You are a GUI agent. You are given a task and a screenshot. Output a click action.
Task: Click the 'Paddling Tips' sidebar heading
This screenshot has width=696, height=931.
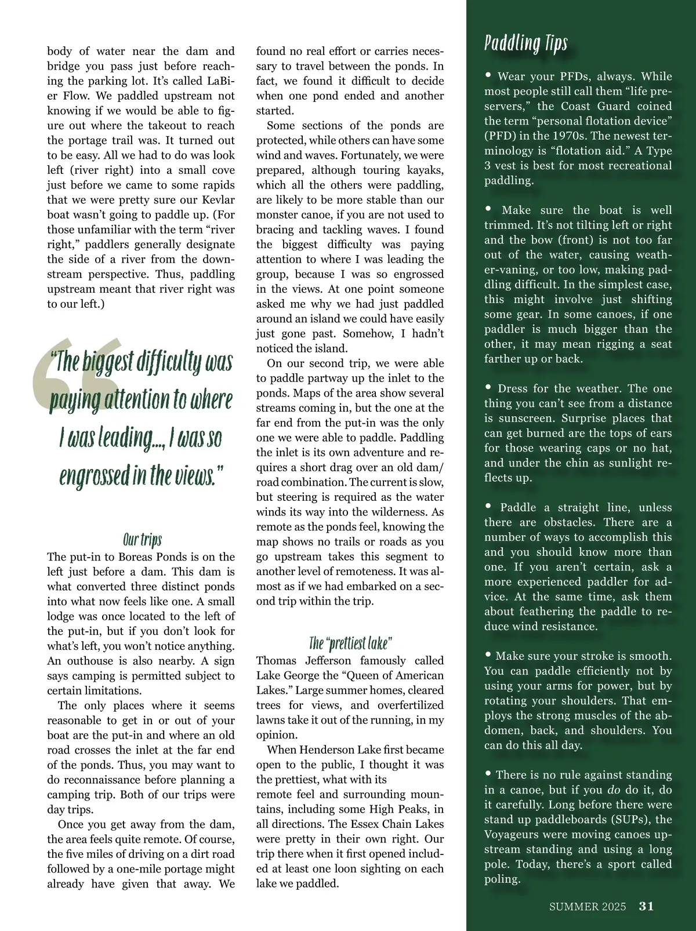click(525, 44)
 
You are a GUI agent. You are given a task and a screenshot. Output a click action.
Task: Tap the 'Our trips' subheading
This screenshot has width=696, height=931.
click(142, 540)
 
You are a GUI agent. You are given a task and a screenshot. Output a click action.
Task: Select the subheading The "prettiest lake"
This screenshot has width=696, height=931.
click(351, 643)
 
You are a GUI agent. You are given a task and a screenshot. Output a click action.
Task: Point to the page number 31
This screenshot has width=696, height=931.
click(646, 906)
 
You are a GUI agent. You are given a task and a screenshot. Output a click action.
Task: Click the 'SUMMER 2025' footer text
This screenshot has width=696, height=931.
click(588, 907)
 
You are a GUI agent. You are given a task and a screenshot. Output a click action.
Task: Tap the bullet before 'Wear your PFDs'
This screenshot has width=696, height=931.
click(488, 75)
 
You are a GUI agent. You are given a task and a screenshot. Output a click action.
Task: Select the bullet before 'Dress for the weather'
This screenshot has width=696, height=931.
click(488, 387)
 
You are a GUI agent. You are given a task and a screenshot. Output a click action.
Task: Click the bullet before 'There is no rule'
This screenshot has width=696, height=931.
click(488, 773)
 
